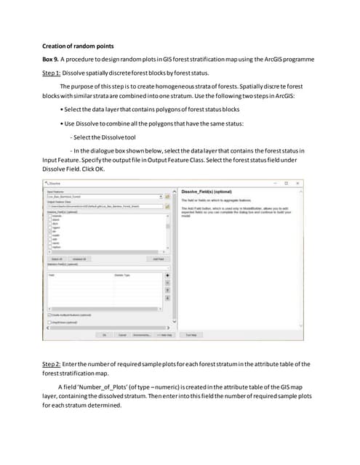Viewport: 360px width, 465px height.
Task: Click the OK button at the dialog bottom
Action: (104, 335)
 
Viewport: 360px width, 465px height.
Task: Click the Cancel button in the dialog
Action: (121, 335)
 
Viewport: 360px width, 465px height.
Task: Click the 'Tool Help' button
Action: (191, 335)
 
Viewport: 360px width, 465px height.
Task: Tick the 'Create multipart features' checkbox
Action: (49, 315)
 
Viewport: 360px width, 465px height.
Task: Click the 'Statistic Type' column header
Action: (122, 275)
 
